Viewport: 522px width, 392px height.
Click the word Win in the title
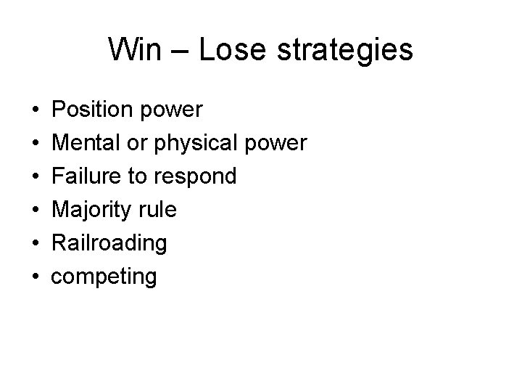coord(131,50)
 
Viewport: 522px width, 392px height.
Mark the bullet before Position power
coord(36,111)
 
